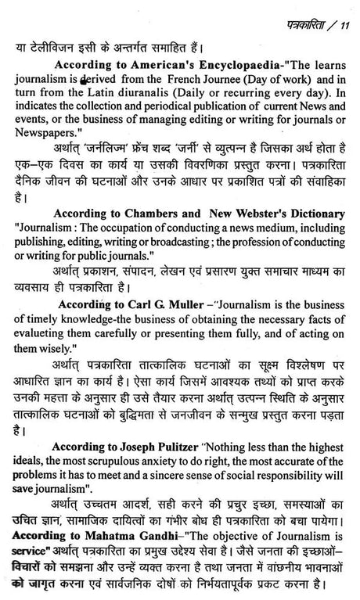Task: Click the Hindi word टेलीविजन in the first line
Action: click(x=54, y=34)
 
